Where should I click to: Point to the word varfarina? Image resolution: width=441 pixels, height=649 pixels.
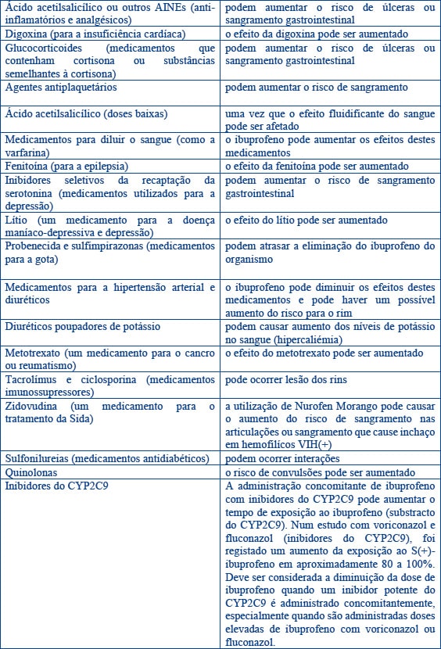pyautogui.click(x=25, y=152)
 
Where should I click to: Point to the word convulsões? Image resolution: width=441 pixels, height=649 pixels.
pyautogui.click(x=289, y=472)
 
